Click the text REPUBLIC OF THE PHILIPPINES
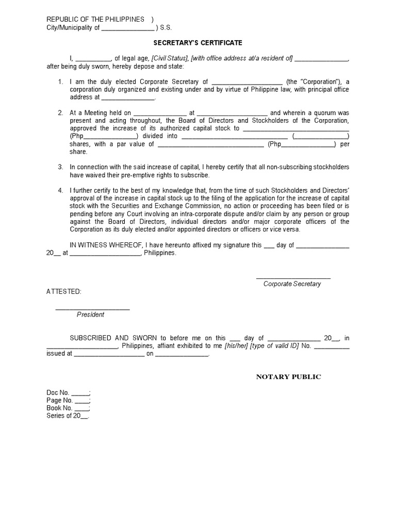95,20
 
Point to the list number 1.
60,81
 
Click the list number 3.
60,167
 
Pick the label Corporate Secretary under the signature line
292,284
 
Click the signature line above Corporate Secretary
293,278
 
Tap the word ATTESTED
63,292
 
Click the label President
91,315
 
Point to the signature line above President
92,308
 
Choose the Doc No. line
68,392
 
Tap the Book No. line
68,408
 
